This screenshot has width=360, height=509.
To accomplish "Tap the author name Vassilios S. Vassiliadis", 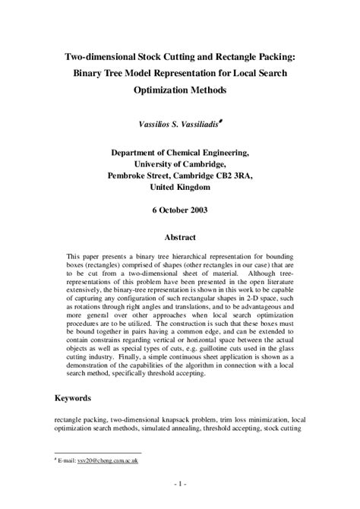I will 177,122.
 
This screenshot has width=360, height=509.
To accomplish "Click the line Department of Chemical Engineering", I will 179,152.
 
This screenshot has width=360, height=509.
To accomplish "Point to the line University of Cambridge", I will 179,163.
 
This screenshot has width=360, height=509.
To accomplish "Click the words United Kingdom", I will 179,186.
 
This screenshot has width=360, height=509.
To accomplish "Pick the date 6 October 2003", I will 179,210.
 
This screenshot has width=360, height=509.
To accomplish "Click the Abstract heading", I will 180,237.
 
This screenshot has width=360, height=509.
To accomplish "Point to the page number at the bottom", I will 180,483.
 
